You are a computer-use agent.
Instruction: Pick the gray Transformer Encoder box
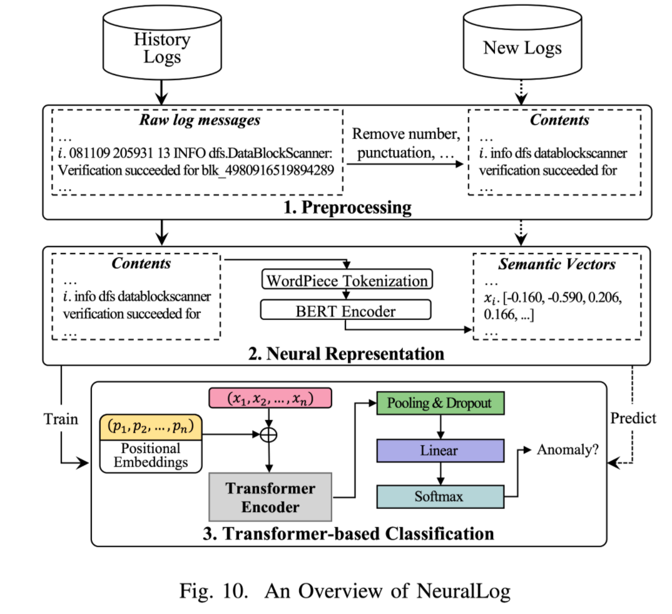[x=270, y=498]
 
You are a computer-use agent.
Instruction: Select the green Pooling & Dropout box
[x=439, y=404]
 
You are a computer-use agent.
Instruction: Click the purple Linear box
[x=439, y=450]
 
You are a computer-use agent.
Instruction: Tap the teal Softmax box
[x=439, y=496]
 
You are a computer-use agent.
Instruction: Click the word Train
[x=61, y=419]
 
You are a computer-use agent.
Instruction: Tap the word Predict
[x=633, y=417]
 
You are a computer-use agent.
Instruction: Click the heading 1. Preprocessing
[x=347, y=207]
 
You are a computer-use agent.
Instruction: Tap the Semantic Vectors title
[x=557, y=264]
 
